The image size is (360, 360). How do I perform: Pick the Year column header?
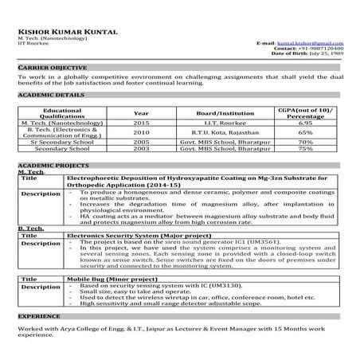pos(142,113)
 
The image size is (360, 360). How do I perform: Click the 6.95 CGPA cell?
pos(305,124)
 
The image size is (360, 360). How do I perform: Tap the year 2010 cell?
pos(142,133)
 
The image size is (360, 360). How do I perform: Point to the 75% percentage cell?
pos(305,148)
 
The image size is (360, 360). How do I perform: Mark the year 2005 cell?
pos(142,142)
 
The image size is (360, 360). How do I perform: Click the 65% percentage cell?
pos(305,133)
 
